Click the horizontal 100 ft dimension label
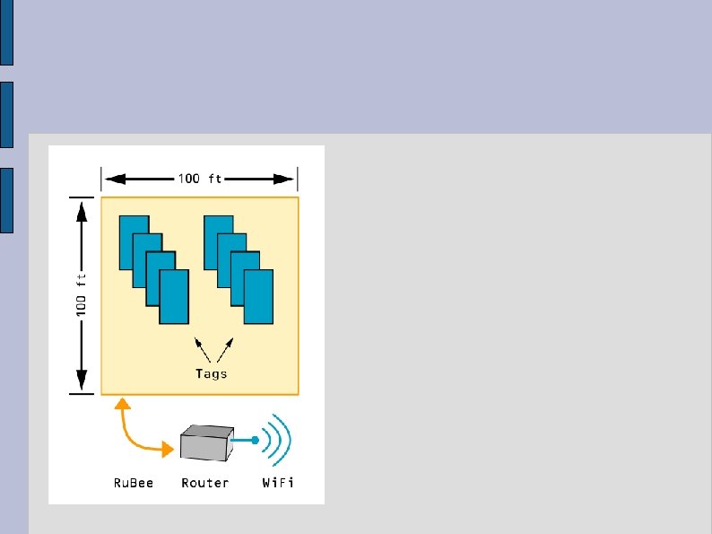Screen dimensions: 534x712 (x=199, y=178)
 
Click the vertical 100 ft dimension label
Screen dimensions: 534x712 (x=82, y=295)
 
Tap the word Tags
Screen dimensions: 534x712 (x=212, y=373)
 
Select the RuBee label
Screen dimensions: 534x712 (x=134, y=483)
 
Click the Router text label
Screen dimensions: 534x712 (x=204, y=483)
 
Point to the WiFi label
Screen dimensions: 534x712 (x=278, y=483)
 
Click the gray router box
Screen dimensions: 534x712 (x=204, y=444)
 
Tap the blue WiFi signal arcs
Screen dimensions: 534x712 (x=281, y=439)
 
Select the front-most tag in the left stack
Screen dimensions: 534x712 (x=174, y=297)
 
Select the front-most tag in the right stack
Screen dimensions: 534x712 (x=257, y=297)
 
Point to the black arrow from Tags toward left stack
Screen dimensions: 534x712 (x=202, y=348)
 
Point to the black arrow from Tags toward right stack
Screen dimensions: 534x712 (x=226, y=348)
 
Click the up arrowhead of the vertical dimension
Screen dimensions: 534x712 (x=82, y=211)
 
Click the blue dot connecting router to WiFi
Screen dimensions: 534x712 (x=256, y=440)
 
